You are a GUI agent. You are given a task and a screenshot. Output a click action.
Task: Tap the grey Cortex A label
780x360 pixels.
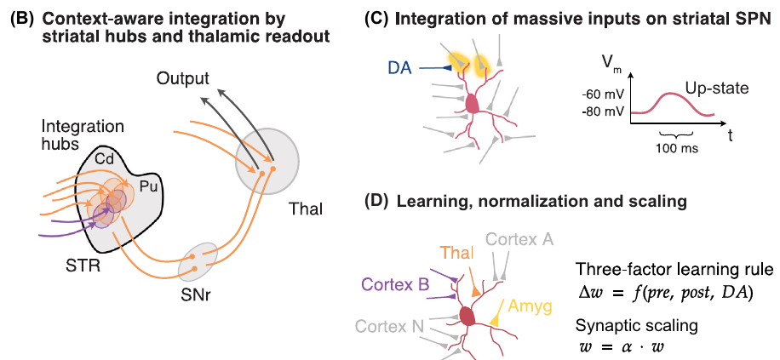coord(519,241)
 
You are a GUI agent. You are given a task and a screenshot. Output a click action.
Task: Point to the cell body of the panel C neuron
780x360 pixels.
coord(471,104)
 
